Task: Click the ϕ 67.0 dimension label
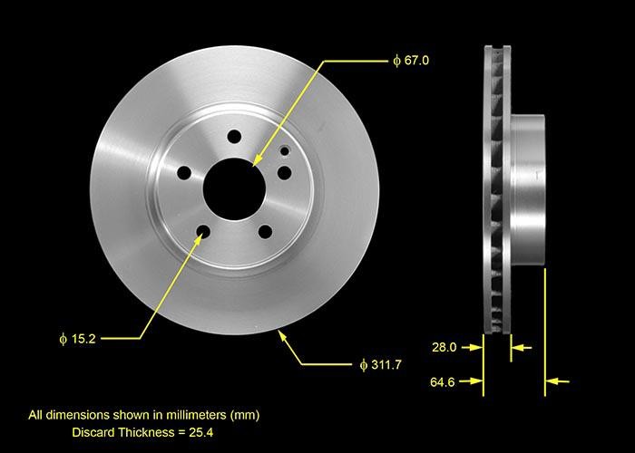click(x=410, y=61)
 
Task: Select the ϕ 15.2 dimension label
click(x=77, y=339)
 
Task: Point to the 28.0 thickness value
click(x=444, y=346)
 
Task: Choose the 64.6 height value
click(x=444, y=383)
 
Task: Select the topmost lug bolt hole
click(x=235, y=137)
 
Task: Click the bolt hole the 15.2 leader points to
click(x=203, y=233)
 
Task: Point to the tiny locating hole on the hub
click(x=285, y=151)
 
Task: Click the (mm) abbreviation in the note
click(x=244, y=415)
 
